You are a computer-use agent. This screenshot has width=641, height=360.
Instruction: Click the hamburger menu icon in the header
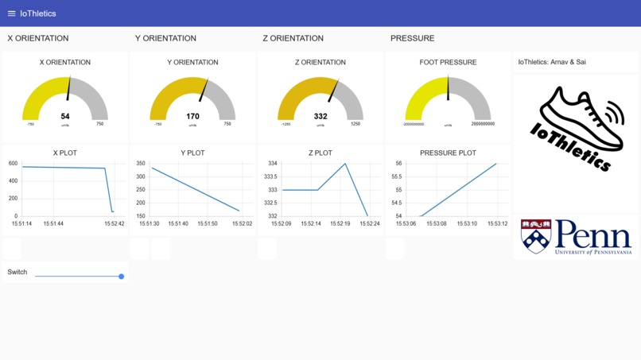[x=11, y=14]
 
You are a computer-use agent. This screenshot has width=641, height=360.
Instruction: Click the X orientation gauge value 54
[x=65, y=116]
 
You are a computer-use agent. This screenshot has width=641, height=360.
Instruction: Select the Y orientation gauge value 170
[x=192, y=116]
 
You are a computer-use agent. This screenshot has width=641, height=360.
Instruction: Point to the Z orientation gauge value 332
[x=320, y=116]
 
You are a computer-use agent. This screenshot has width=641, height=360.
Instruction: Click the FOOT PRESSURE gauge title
[x=448, y=62]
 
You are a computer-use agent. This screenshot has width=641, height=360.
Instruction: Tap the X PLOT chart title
[x=65, y=153]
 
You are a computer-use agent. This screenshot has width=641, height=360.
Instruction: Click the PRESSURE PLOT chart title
[x=448, y=153]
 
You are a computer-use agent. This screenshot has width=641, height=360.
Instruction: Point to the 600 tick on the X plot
[x=14, y=164]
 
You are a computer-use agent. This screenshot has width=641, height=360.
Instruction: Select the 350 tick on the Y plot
[x=141, y=164]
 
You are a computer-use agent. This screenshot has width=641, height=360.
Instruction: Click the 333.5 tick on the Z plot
[x=270, y=176]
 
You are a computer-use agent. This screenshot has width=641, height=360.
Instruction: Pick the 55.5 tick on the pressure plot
[x=398, y=176]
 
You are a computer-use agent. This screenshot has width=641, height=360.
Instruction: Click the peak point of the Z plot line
[x=345, y=164]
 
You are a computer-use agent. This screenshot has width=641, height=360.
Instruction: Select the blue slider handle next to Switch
[x=122, y=277]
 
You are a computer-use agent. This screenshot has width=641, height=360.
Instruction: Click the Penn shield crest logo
[x=535, y=237]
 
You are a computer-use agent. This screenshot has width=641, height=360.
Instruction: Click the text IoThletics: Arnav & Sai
[x=553, y=62]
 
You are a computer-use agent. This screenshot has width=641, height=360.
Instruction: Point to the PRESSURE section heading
[x=412, y=38]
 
